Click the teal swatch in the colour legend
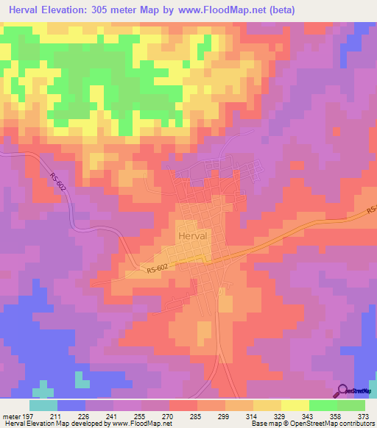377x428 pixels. click(x=43, y=405)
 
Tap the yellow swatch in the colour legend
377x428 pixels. click(x=295, y=405)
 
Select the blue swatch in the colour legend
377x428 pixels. click(x=71, y=405)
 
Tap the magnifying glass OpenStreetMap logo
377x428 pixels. click(x=343, y=390)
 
